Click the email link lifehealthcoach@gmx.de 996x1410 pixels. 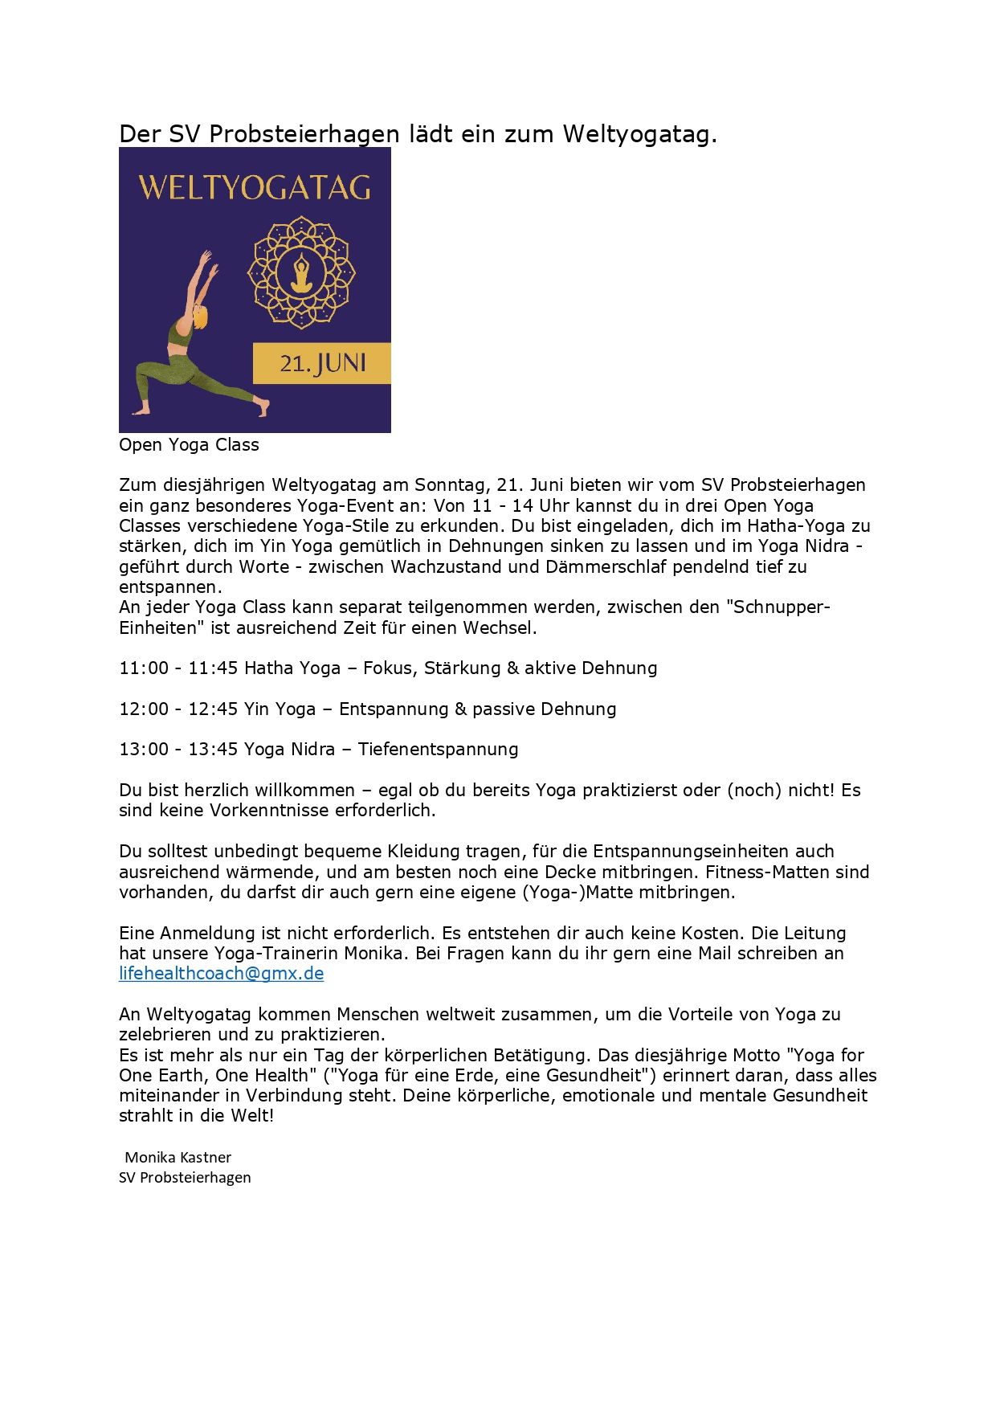pyautogui.click(x=221, y=974)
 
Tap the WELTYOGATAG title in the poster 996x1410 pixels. pyautogui.click(x=255, y=189)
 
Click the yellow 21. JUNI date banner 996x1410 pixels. pyautogui.click(x=322, y=364)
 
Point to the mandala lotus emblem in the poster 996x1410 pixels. pyautogui.click(x=301, y=272)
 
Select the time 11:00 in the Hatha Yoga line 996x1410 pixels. pyautogui.click(x=144, y=668)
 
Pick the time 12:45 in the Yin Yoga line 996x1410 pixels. pyautogui.click(x=213, y=709)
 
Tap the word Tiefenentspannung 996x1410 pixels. pyautogui.click(x=438, y=750)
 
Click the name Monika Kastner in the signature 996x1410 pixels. pyautogui.click(x=178, y=1158)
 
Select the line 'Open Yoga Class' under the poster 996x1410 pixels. pyautogui.click(x=189, y=445)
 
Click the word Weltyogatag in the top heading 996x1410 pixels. pyautogui.click(x=639, y=134)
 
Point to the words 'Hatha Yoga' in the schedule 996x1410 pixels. pyautogui.click(x=292, y=668)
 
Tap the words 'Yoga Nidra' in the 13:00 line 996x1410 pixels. pyautogui.click(x=289, y=750)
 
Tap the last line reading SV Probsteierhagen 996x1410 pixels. pyautogui.click(x=185, y=1178)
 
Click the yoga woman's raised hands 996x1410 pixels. pyautogui.click(x=209, y=257)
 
